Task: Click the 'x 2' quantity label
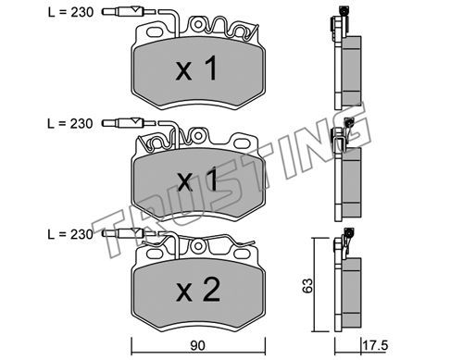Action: (198, 290)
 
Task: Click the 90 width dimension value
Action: (197, 346)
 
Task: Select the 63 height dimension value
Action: (307, 286)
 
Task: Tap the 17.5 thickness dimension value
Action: (375, 345)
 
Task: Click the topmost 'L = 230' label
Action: (70, 12)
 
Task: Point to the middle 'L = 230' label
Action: (70, 124)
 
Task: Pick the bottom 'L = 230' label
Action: (70, 234)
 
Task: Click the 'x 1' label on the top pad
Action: (196, 68)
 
